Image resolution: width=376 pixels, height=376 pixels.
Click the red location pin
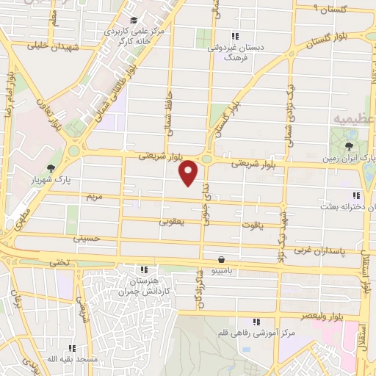pyautogui.click(x=189, y=172)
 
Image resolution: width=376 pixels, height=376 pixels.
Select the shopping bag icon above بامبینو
pyautogui.click(x=221, y=258)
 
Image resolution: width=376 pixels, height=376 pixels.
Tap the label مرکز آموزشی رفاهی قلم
pyautogui.click(x=257, y=333)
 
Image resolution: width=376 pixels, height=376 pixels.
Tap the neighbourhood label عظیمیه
pyautogui.click(x=351, y=117)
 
